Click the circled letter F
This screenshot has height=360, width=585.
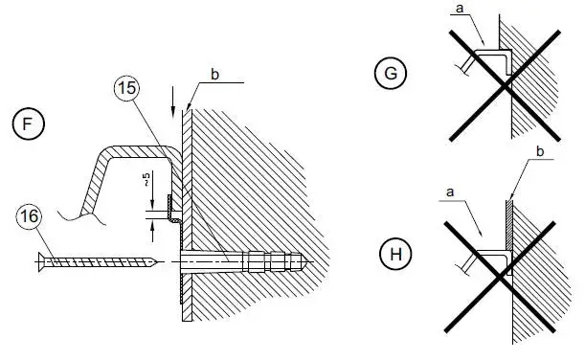[29, 124]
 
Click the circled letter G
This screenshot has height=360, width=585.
[391, 73]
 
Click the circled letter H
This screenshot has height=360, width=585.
[395, 255]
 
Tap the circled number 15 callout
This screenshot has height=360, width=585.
[126, 88]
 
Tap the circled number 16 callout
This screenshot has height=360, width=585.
[29, 216]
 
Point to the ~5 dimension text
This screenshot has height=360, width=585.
[146, 179]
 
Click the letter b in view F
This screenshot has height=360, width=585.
[214, 75]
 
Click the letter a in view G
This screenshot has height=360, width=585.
[460, 9]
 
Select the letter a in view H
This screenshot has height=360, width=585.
[450, 192]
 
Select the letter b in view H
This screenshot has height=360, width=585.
[540, 151]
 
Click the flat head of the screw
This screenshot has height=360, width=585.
[41, 262]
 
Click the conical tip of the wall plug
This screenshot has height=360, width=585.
[304, 262]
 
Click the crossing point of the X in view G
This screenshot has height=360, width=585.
[506, 86]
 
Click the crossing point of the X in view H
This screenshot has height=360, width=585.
[500, 277]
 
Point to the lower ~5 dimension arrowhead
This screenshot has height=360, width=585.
[152, 227]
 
